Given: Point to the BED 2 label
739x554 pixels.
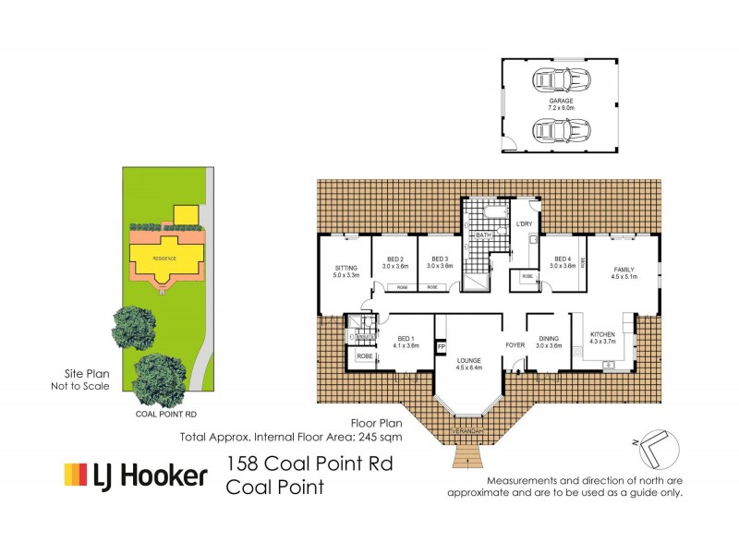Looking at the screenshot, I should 395,259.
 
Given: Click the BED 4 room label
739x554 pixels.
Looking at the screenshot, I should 563,259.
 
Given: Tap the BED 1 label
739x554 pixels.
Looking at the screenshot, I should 406,340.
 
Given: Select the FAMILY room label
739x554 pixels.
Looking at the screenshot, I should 625,269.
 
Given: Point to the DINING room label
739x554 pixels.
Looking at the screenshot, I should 549,339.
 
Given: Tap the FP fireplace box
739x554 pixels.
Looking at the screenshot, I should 442,347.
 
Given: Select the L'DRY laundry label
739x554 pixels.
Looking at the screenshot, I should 524,223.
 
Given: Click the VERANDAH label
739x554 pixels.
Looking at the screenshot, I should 468,431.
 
